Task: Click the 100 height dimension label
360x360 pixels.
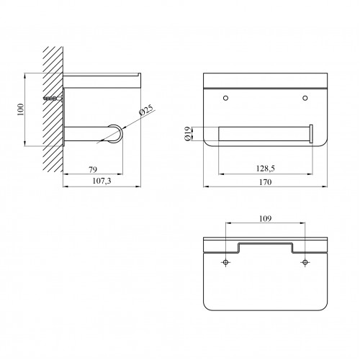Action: click(x=21, y=109)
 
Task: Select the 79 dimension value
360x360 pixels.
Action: click(x=93, y=169)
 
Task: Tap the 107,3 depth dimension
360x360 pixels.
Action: click(x=102, y=181)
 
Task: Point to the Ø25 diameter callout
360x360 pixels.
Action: click(x=146, y=111)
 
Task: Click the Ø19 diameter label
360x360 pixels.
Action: click(x=188, y=134)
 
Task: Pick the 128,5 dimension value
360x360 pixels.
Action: click(x=265, y=168)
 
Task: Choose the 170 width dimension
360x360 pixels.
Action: click(x=265, y=182)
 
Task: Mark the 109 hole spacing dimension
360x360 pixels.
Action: click(x=265, y=219)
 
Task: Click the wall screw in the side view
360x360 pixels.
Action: click(x=53, y=98)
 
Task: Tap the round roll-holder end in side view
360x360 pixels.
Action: click(x=116, y=134)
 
